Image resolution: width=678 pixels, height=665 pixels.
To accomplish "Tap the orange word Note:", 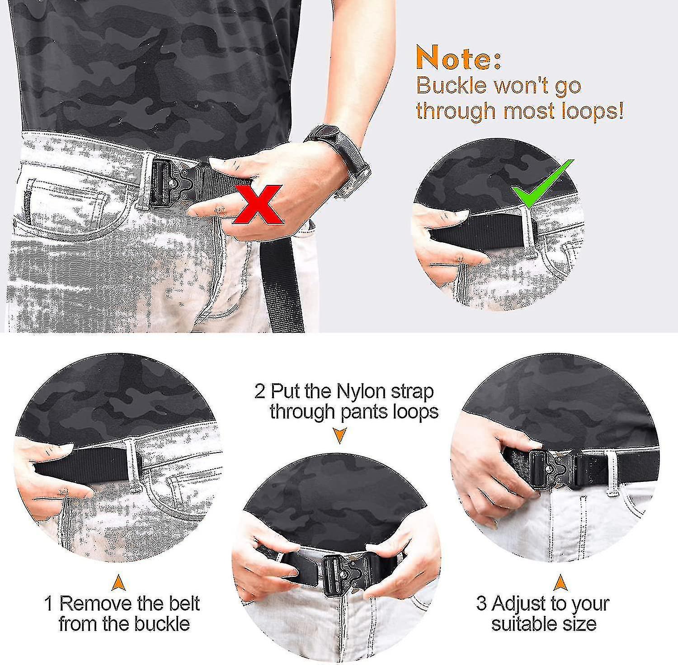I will tap(458, 58).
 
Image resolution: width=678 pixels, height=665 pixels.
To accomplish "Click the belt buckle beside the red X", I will tap(174, 181).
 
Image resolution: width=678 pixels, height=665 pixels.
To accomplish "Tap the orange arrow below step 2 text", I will tap(339, 436).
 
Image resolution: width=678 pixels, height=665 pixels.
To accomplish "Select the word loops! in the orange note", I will tap(593, 110).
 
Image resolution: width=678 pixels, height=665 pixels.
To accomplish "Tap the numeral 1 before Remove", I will tap(49, 604).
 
